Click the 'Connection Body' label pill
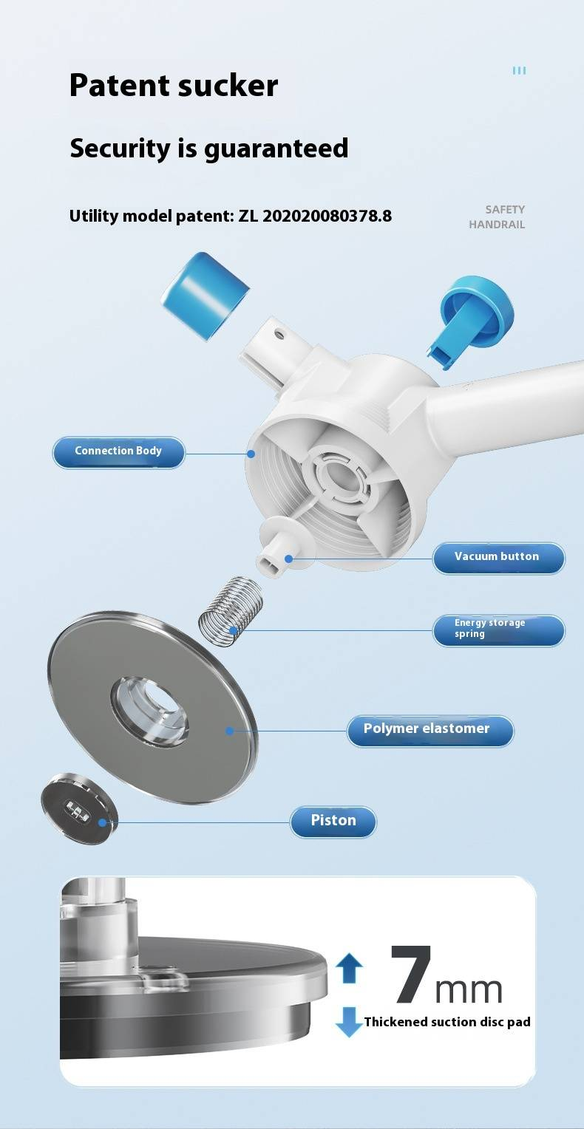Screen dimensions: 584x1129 click(118, 452)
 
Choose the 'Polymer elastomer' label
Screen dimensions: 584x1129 click(430, 730)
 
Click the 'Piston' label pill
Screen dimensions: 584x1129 click(333, 822)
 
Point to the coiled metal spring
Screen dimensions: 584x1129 click(231, 611)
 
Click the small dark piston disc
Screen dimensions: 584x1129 click(80, 808)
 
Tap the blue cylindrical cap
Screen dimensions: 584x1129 click(205, 296)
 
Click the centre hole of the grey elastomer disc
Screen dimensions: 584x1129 click(150, 712)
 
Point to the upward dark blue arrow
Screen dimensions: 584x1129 click(349, 968)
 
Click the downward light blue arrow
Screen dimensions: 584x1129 click(349, 1022)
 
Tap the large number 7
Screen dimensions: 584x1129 click(412, 974)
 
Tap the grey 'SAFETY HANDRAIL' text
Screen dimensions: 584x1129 click(498, 216)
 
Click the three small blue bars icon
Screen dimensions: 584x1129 click(519, 71)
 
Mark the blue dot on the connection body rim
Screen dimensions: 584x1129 click(251, 454)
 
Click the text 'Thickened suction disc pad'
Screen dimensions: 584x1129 click(447, 1022)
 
